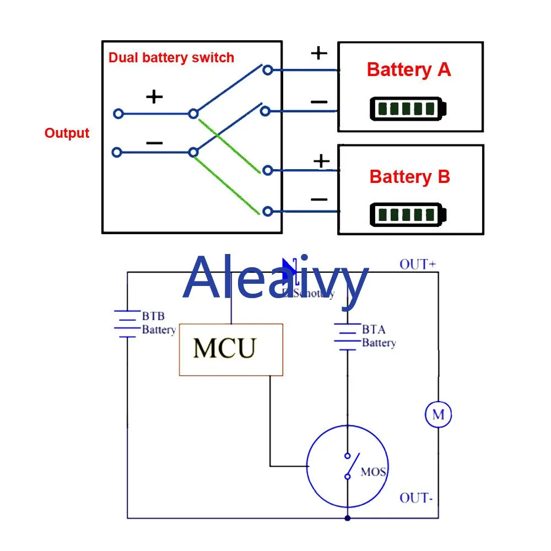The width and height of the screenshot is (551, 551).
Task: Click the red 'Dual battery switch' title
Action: (x=171, y=57)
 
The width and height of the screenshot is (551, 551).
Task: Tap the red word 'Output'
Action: (x=67, y=133)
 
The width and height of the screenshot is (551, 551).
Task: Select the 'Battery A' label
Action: (x=409, y=70)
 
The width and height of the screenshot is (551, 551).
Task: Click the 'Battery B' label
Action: (x=409, y=177)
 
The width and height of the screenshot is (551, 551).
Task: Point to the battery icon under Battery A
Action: (x=408, y=109)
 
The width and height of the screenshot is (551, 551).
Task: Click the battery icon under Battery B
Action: (x=408, y=214)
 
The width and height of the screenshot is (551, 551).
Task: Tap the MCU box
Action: (x=231, y=350)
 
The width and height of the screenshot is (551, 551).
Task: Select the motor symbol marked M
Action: (x=438, y=414)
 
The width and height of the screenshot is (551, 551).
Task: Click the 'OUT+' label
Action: (x=418, y=264)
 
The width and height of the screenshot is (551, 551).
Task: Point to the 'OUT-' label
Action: (x=416, y=498)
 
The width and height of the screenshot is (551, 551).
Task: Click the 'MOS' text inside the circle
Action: (x=373, y=472)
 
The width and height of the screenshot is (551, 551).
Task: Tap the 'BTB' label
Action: (x=153, y=317)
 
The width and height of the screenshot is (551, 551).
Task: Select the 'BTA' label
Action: (x=374, y=330)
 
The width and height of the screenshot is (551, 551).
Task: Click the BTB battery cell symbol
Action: (x=127, y=324)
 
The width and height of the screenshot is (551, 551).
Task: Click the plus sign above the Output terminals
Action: (x=154, y=97)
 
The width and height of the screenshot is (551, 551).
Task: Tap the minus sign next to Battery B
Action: (x=319, y=199)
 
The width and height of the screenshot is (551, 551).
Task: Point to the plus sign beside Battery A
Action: (x=319, y=53)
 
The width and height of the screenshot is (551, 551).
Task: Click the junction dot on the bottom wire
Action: (x=347, y=518)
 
